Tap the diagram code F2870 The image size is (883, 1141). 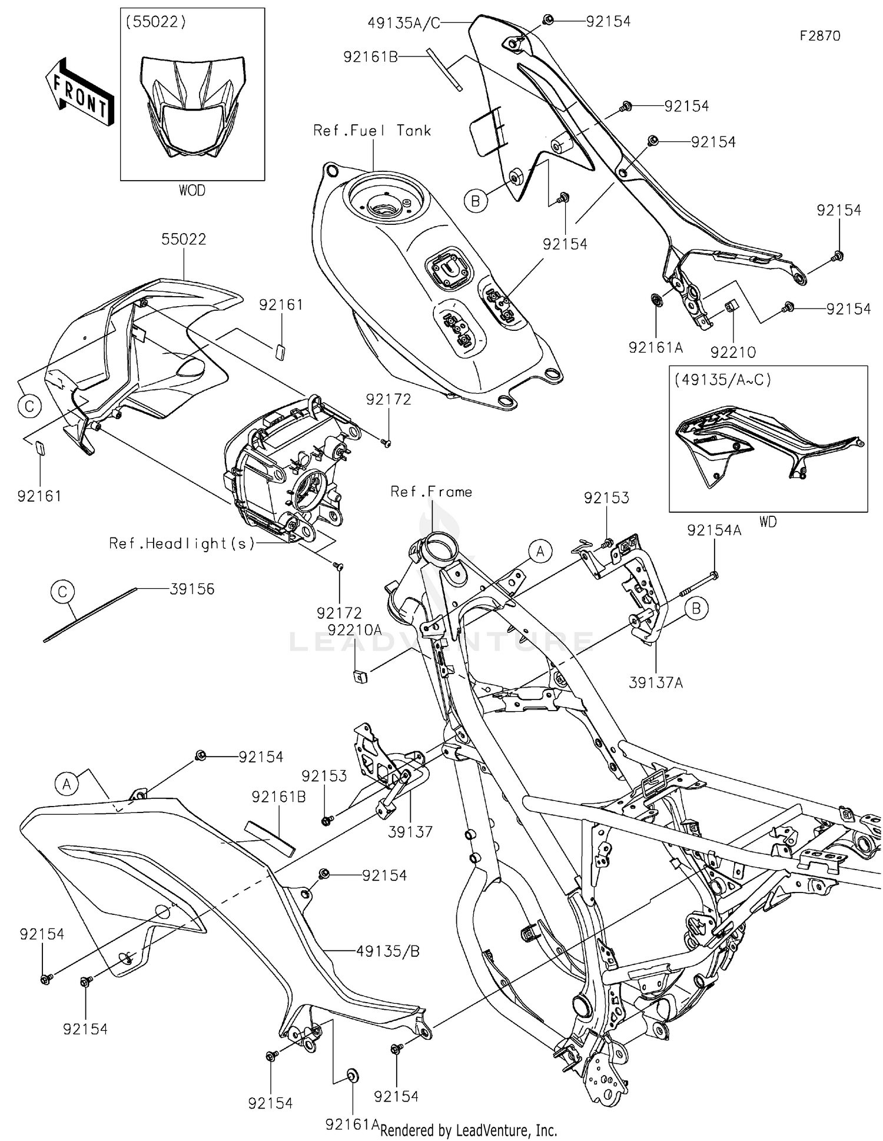coord(819,36)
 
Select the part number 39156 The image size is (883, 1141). coord(192,589)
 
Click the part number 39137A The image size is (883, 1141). coord(656,683)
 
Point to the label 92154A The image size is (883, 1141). coord(713,530)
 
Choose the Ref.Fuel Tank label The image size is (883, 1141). coord(372,131)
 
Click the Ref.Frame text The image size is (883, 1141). coord(431,492)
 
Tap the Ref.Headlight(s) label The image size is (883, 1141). coord(182,543)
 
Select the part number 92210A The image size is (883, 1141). coord(354,630)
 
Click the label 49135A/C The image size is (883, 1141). coord(404,22)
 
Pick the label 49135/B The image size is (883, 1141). coord(387,951)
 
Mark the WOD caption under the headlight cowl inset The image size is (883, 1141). coord(192,191)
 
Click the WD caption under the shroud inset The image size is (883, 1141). coord(768,522)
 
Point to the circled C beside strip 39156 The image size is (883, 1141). coord(63,591)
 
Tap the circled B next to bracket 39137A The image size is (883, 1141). coord(696,608)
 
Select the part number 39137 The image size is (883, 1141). coord(410,832)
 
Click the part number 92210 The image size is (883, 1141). coord(733,352)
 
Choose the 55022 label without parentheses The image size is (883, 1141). coord(184,240)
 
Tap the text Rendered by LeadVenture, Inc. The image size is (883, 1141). coord(469,1130)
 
